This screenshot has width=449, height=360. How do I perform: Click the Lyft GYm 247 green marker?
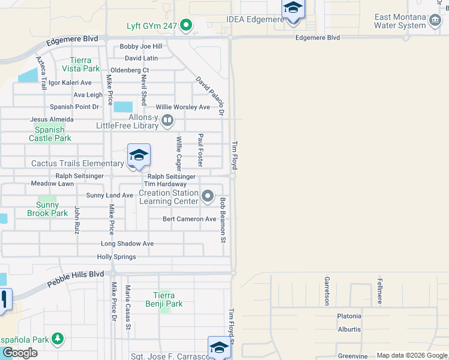coord(185,25)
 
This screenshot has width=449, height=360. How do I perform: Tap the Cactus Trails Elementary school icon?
coord(139,156)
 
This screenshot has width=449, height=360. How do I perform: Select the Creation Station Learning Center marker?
coord(208,196)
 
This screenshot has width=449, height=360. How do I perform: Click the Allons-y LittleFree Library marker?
coord(168,122)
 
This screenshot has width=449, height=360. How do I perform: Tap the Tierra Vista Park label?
coord(80,64)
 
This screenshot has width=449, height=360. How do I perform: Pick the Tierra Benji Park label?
coord(164,299)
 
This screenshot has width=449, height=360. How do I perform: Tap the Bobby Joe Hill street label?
coord(141,46)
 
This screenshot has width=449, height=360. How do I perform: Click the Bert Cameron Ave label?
coord(189,219)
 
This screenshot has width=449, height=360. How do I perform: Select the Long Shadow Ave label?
coord(127,244)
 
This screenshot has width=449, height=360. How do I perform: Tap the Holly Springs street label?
coord(116,257)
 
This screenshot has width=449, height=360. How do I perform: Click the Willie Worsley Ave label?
coord(182,107)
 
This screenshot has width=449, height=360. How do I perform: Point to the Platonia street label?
coord(349,316)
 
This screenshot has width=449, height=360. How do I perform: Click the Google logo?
coord(19,353)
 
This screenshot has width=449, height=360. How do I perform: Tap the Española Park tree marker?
coord(58,340)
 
